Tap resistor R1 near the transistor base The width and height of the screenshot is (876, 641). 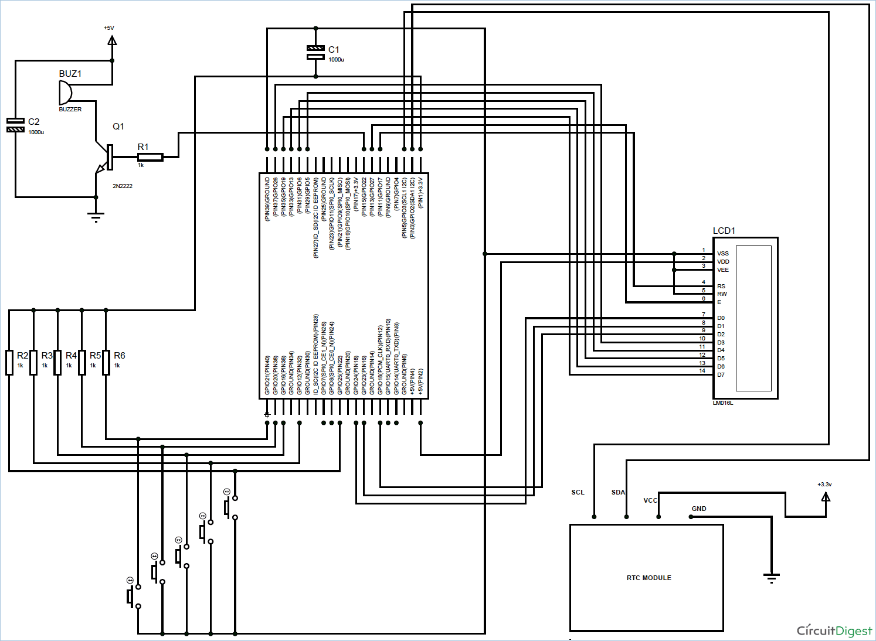click(150, 157)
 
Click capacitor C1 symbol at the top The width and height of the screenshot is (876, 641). click(315, 52)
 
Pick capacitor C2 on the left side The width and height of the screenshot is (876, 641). click(15, 125)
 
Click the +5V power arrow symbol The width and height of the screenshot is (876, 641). click(112, 40)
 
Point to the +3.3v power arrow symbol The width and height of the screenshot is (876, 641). click(826, 497)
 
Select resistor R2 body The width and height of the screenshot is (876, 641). click(9, 362)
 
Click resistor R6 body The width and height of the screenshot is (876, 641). click(106, 362)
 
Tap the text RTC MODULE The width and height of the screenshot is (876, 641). click(648, 578)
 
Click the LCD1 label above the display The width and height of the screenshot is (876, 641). click(724, 231)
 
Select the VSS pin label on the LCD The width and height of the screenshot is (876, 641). click(722, 254)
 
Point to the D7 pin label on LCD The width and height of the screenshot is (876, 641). click(721, 375)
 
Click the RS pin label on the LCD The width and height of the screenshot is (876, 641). click(721, 287)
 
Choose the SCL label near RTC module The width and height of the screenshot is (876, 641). click(578, 492)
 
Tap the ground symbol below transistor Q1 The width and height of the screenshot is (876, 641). click(96, 217)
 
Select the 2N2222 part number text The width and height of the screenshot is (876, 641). click(123, 186)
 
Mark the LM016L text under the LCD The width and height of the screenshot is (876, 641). click(723, 403)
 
